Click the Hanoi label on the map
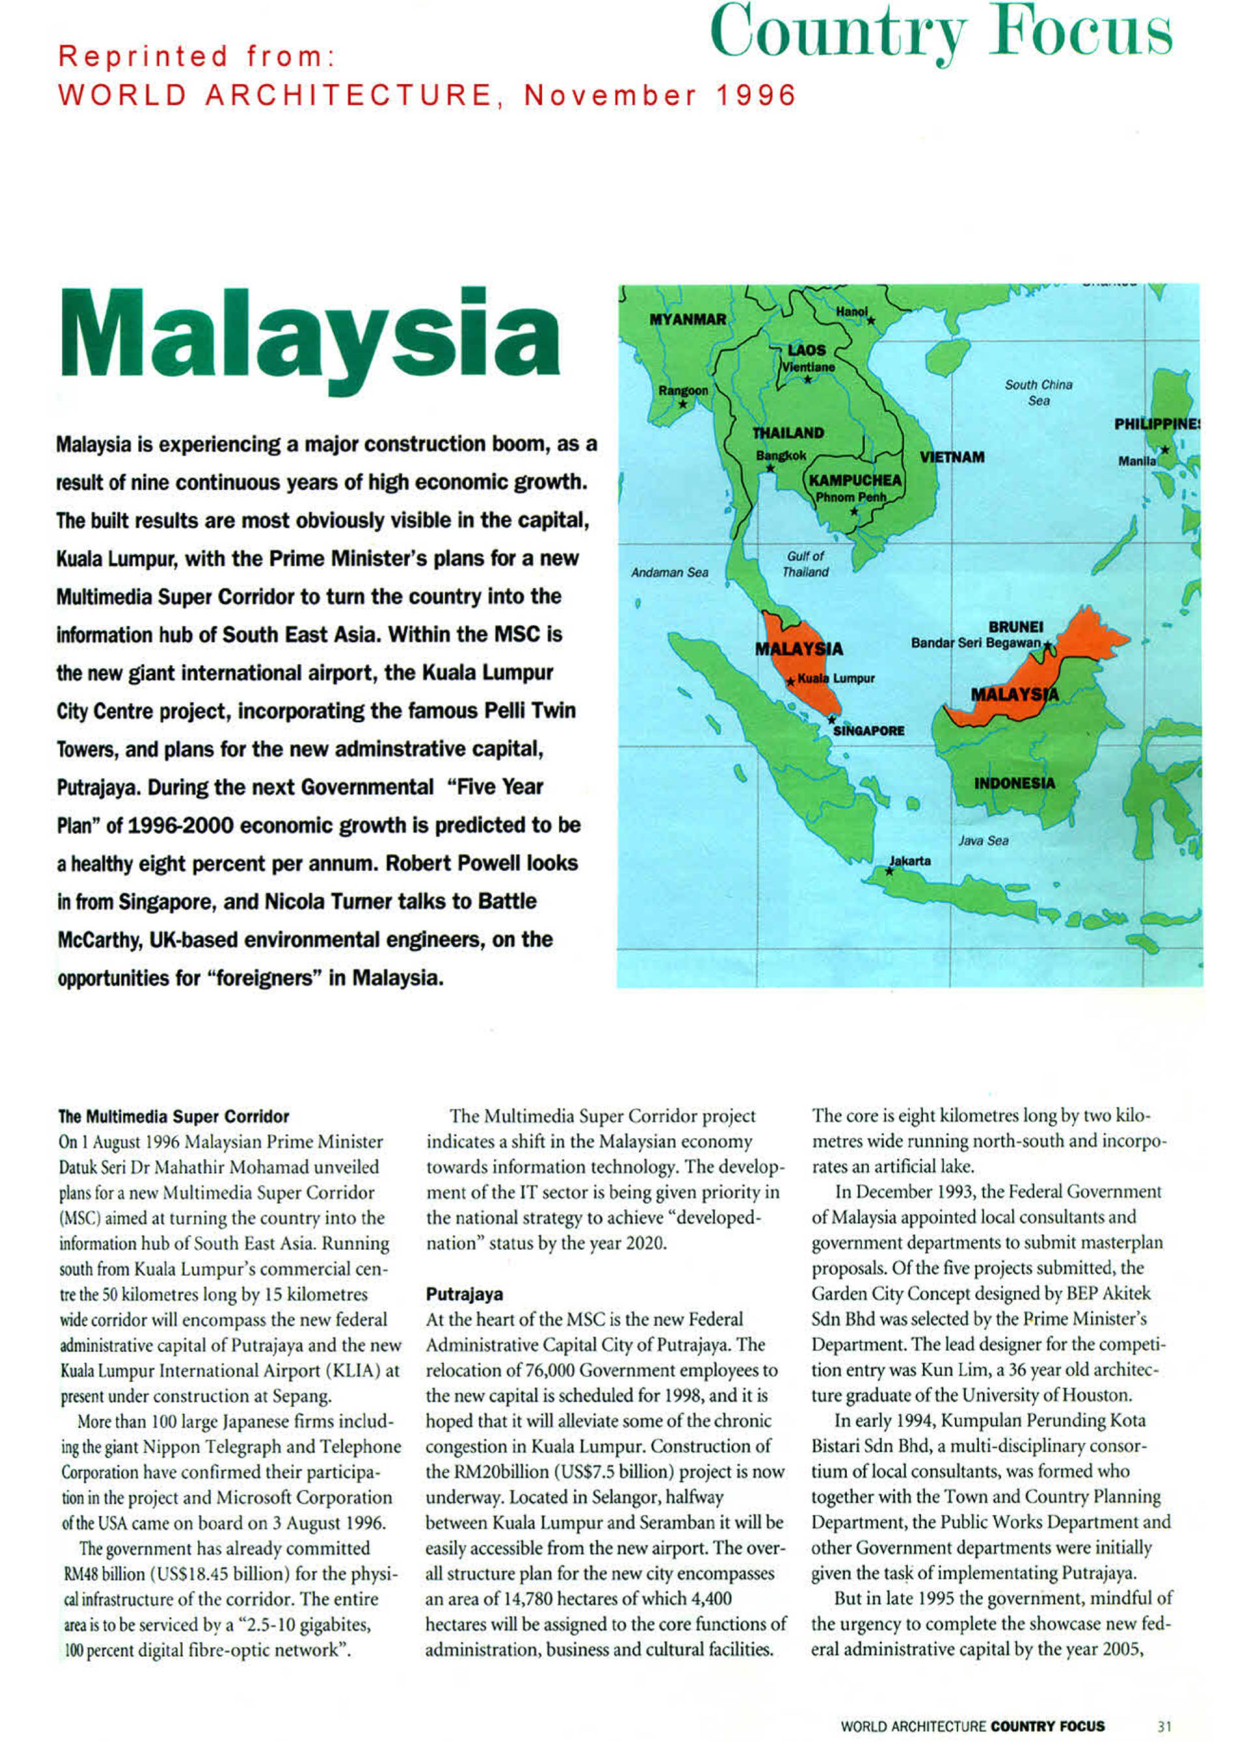click(x=851, y=312)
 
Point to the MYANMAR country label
click(x=687, y=320)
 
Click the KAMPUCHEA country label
click(x=855, y=480)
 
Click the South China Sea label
click(x=1038, y=392)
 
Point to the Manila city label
click(x=1136, y=461)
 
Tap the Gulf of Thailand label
click(x=805, y=564)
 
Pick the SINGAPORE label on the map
click(x=868, y=730)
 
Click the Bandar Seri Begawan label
click(x=975, y=642)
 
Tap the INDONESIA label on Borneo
click(x=1014, y=783)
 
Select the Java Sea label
click(x=983, y=841)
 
